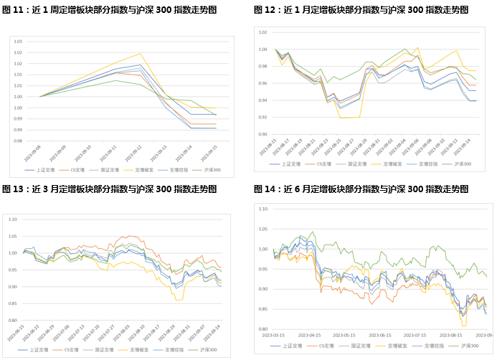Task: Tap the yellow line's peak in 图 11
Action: [141, 53]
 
